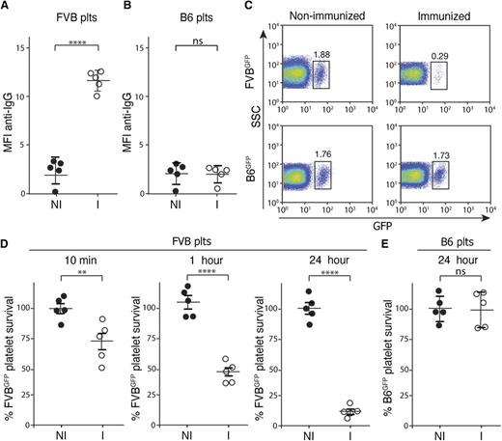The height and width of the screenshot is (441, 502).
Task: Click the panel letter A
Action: [x=7, y=9]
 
